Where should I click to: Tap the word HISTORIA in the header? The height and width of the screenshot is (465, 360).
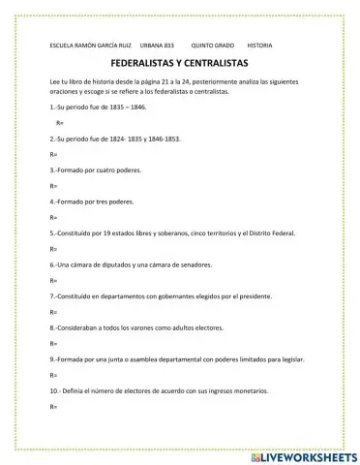[260, 45]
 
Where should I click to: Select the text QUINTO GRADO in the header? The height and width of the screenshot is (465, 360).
[213, 45]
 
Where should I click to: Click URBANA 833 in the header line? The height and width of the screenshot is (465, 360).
[157, 45]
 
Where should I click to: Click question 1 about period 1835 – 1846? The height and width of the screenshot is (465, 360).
[98, 107]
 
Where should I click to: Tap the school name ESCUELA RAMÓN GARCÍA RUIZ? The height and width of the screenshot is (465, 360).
[89, 45]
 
